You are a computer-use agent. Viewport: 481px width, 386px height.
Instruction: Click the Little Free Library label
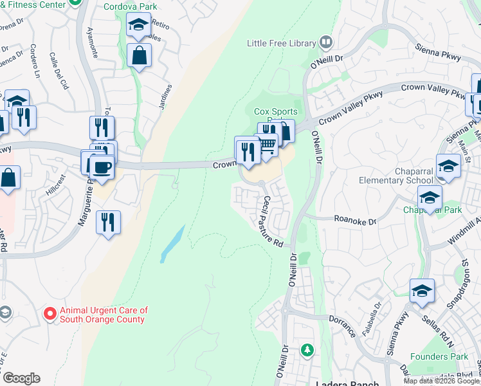click(x=282, y=43)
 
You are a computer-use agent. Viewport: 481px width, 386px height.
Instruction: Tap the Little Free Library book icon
click(x=326, y=42)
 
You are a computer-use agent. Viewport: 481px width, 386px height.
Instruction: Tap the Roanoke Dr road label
click(x=355, y=220)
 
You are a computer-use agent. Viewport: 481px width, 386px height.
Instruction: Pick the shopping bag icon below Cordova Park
click(x=139, y=55)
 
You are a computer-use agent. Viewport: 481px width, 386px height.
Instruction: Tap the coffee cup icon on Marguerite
click(x=102, y=167)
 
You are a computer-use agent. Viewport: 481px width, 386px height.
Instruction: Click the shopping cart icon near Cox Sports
click(x=268, y=147)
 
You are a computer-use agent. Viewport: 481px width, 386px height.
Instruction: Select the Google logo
click(x=21, y=378)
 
